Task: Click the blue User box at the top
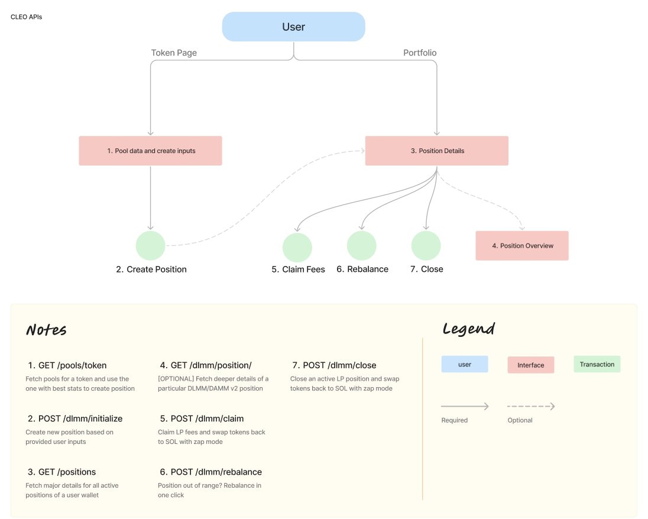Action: point(293,27)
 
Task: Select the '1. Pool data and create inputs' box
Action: point(151,151)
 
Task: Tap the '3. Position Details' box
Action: point(437,151)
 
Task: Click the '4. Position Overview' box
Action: point(522,245)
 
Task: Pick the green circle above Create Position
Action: point(151,245)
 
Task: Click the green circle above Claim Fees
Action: point(297,247)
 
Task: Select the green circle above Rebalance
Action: point(362,245)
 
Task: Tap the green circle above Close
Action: point(426,245)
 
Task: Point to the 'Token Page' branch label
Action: point(174,53)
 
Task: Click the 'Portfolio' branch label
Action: point(420,53)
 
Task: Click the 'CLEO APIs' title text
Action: point(27,17)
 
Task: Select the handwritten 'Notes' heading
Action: point(46,330)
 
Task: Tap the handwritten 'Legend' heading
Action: point(468,329)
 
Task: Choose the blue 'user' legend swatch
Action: point(465,364)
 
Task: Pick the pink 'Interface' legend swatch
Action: point(530,365)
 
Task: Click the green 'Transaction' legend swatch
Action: point(597,364)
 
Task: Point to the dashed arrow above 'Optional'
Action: point(530,406)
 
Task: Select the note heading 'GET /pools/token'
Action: point(67,365)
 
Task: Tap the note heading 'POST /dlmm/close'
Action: point(335,365)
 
